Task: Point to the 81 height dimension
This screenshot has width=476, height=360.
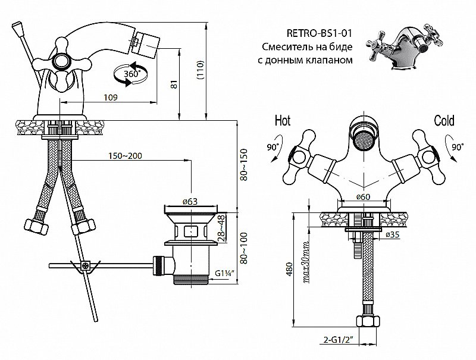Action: click(174, 85)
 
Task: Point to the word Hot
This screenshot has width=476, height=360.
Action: click(282, 121)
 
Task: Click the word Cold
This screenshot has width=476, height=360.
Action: click(444, 121)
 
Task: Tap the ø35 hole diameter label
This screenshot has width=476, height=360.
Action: click(392, 235)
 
